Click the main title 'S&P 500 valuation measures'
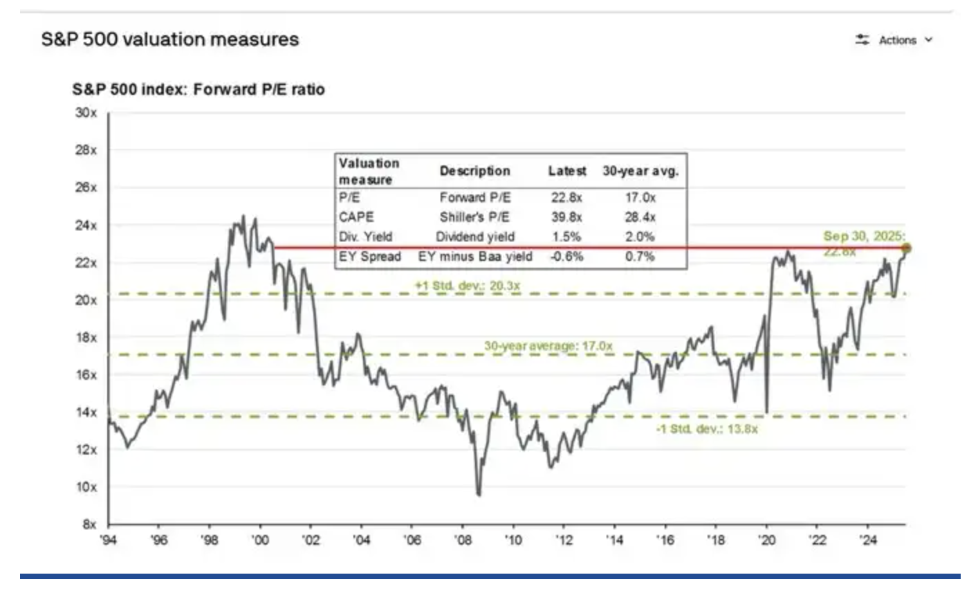(x=170, y=39)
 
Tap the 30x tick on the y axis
(x=86, y=113)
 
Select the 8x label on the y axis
(x=89, y=524)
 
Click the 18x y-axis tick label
(x=86, y=338)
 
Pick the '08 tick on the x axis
(x=463, y=540)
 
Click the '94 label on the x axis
(x=109, y=540)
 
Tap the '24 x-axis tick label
(x=868, y=540)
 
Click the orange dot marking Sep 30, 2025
(x=906, y=248)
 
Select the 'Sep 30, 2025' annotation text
(x=864, y=237)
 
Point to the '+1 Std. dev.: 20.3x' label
(x=468, y=285)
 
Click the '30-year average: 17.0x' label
(x=548, y=345)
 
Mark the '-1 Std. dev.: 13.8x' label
(x=707, y=429)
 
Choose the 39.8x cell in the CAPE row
(x=566, y=217)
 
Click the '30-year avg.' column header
(x=640, y=171)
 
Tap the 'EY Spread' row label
(x=370, y=257)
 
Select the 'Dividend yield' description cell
(x=475, y=237)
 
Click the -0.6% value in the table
(x=566, y=257)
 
